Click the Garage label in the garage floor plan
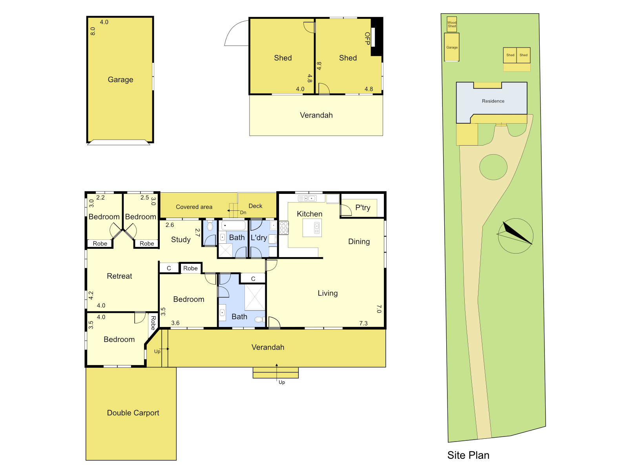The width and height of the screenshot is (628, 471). pyautogui.click(x=120, y=80)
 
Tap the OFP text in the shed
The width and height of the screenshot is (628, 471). pyautogui.click(x=367, y=38)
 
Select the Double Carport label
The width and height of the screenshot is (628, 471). pyautogui.click(x=133, y=413)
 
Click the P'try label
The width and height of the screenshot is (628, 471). pyautogui.click(x=363, y=208)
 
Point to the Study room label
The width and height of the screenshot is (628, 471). pyautogui.click(x=181, y=239)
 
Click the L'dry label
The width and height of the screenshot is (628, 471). pyautogui.click(x=259, y=237)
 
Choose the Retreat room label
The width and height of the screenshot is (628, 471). pyautogui.click(x=119, y=276)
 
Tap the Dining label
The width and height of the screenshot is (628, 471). pyautogui.click(x=359, y=241)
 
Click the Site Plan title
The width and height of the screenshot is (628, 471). pyautogui.click(x=468, y=455)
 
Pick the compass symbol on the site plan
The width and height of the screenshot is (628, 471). pyautogui.click(x=515, y=235)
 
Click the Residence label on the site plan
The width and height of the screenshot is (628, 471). pyautogui.click(x=493, y=101)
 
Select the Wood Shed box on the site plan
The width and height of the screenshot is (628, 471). pyautogui.click(x=452, y=24)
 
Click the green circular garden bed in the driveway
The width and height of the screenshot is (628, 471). pyautogui.click(x=493, y=167)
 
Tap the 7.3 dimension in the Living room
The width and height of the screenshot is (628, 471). pyautogui.click(x=363, y=323)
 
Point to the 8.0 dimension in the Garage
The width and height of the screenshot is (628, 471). pyautogui.click(x=93, y=31)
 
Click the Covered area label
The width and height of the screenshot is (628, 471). pyautogui.click(x=194, y=207)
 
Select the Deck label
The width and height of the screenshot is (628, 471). pyautogui.click(x=256, y=206)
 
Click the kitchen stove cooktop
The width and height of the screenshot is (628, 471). pyautogui.click(x=284, y=228)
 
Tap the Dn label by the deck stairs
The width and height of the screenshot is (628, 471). pyautogui.click(x=243, y=213)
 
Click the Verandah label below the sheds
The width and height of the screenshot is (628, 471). pyautogui.click(x=316, y=115)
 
